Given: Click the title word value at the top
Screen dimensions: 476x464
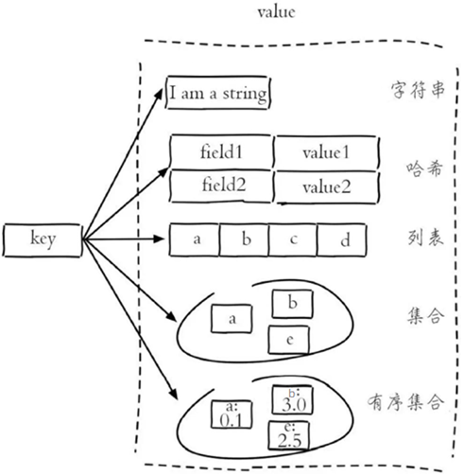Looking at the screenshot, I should pos(277,13).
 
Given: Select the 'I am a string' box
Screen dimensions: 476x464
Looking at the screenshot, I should pos(218,94).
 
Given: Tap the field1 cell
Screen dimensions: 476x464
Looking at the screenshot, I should pos(222,151).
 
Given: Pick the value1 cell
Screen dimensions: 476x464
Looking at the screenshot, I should pos(326,152).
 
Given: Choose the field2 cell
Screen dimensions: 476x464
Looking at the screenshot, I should pos(222,185).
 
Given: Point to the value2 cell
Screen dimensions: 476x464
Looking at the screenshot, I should pos(326,187).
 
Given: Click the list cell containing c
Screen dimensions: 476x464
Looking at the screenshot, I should pos(293,239).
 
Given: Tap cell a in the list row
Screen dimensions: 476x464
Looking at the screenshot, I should pos(196,239).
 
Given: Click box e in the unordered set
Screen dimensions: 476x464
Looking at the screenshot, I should pos(289,338).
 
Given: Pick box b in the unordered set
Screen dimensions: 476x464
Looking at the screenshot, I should pos(292,304).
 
